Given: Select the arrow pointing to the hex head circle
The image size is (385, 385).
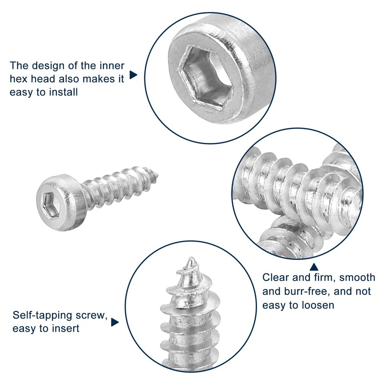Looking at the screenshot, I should point(134,76).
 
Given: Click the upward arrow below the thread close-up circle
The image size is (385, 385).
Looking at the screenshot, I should point(314,267).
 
